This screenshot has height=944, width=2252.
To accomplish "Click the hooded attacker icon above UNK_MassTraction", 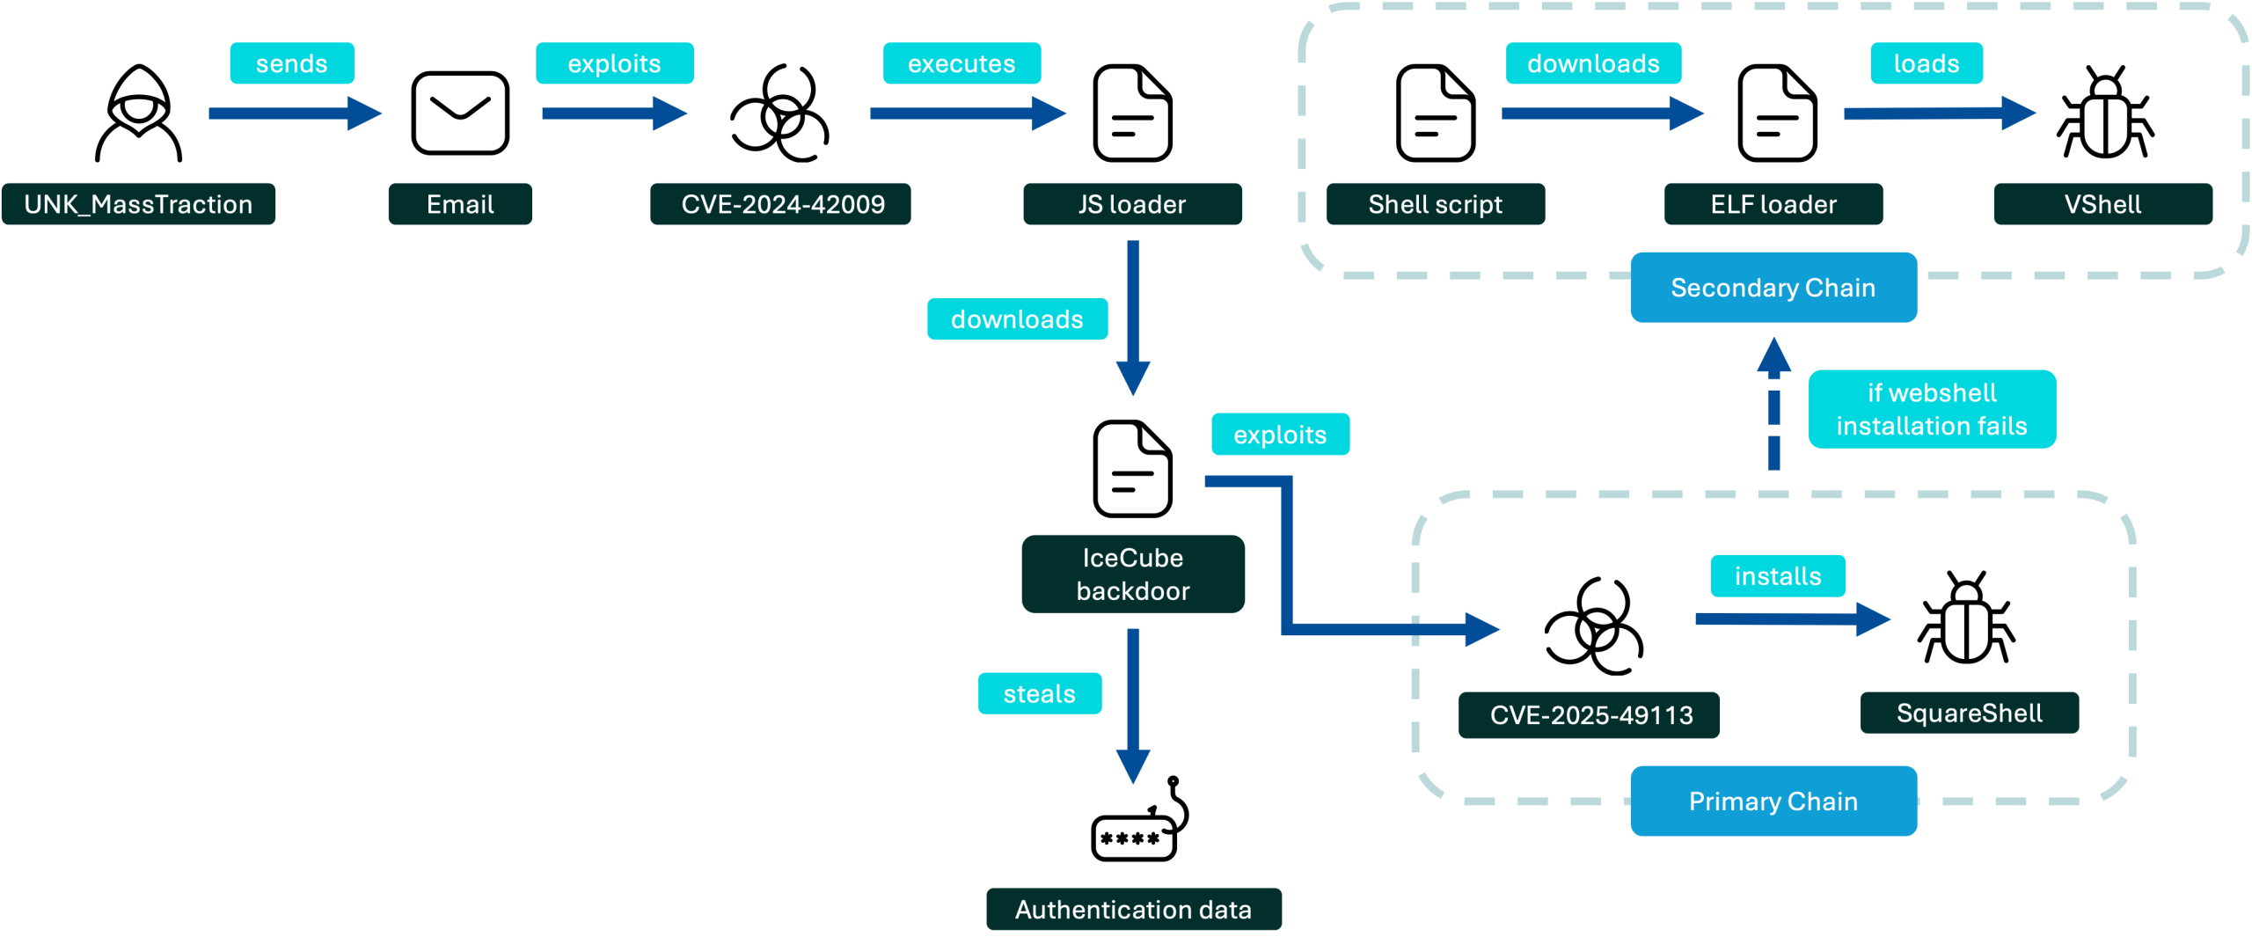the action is click(x=139, y=113).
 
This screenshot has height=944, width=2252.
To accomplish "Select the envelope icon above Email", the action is click(x=460, y=113).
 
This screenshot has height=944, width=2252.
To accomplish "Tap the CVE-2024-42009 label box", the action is click(x=780, y=204).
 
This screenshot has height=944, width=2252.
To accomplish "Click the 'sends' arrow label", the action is click(x=292, y=63).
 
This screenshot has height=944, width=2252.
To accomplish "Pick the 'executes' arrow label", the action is click(x=961, y=63).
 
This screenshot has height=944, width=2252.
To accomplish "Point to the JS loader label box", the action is click(x=1132, y=204).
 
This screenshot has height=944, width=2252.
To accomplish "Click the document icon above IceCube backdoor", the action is click(x=1132, y=469).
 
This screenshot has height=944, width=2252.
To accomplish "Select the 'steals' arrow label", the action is click(x=1040, y=693).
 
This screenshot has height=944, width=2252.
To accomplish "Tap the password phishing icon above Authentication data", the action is click(x=1140, y=819).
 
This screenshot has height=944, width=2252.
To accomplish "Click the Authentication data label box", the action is click(x=1134, y=909).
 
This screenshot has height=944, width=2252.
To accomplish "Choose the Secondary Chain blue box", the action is click(x=1773, y=288).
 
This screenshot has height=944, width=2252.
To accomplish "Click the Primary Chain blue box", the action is click(x=1773, y=801).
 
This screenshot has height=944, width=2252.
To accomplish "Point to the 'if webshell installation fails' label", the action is click(x=1932, y=409).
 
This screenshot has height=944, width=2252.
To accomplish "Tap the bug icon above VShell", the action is click(x=2105, y=112).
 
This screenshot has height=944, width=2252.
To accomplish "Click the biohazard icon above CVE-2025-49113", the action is click(x=1594, y=626).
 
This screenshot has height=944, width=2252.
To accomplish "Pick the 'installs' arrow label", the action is click(x=1778, y=576).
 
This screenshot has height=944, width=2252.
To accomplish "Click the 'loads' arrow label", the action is click(x=1927, y=63).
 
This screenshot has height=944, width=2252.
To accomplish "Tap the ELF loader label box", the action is click(x=1773, y=204).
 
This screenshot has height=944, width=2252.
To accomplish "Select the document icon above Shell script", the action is click(x=1436, y=113).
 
